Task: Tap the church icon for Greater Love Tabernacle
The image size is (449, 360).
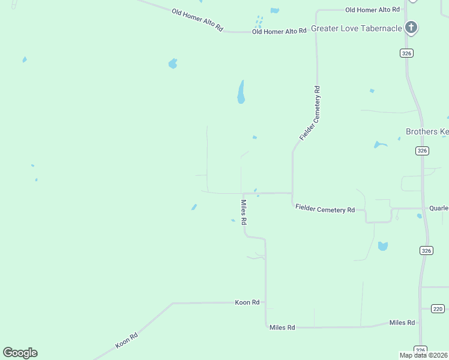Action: pos(411,27)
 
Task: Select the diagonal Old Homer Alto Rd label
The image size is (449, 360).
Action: pos(197,20)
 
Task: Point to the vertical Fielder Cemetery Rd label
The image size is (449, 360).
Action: pos(310,113)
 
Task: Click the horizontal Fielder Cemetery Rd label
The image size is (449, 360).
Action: pos(325,209)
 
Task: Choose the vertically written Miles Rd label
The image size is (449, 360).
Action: pos(244,212)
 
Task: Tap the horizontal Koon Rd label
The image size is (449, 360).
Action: pos(247,302)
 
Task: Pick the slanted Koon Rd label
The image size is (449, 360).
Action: pos(127,341)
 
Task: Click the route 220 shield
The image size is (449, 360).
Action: pos(438,308)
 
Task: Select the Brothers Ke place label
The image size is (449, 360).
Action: pos(427,131)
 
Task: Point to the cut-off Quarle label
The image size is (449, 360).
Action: pos(439,208)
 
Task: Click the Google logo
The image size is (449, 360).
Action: pos(20,353)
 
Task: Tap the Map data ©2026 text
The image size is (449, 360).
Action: pos(424,355)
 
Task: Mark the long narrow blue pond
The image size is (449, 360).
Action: pos(241,92)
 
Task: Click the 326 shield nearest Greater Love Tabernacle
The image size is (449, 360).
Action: pos(407,53)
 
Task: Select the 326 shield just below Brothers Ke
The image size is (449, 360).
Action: pos(422,151)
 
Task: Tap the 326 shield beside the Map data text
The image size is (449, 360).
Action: pos(420,349)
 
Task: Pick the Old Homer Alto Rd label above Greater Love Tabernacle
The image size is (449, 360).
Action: pos(372,10)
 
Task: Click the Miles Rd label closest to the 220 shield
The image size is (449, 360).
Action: pos(402,322)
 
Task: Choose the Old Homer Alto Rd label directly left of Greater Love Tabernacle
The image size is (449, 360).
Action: pos(279,31)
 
